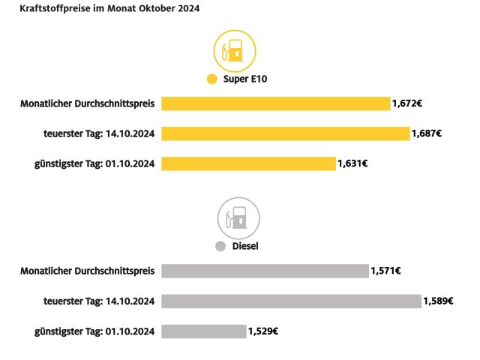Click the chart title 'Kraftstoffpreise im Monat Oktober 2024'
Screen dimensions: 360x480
coord(104,9)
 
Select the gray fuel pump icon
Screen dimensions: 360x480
coord(238,218)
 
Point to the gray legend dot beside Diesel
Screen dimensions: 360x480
coord(220,246)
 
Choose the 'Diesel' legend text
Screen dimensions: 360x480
coord(245,246)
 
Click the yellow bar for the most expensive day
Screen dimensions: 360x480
coord(285,133)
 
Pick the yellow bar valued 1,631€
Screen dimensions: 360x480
coord(248,163)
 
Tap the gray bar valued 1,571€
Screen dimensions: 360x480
coord(265,271)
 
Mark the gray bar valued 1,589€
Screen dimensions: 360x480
coord(291,301)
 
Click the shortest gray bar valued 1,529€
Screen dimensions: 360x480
coord(203,331)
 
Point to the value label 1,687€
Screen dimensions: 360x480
coord(426,133)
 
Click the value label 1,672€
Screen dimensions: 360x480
coord(406,103)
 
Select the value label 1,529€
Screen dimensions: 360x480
coord(263,331)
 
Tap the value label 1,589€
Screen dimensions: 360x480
coord(438,301)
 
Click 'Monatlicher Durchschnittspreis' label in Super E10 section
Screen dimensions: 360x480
coord(87,103)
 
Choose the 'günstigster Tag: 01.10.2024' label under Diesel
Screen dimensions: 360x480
coord(94,331)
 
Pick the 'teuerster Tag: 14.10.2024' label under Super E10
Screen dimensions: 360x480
coord(99,133)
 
